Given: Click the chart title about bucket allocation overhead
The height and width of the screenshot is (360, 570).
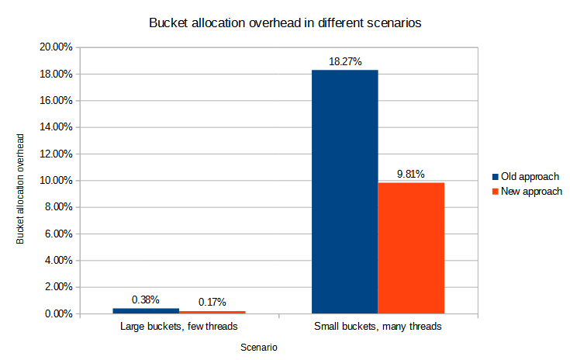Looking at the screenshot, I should click(285, 23).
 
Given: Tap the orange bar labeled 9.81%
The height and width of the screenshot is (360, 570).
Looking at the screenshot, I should click(411, 247).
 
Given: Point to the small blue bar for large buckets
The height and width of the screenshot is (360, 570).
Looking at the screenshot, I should click(146, 310).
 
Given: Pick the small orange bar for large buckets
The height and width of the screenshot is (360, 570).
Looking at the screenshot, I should click(212, 312).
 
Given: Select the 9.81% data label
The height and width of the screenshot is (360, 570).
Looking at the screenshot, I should click(410, 174).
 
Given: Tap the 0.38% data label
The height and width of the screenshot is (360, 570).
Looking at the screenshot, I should click(146, 299).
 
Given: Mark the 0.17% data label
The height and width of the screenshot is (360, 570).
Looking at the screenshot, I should click(212, 302).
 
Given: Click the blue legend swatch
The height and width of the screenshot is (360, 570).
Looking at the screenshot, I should click(496, 176).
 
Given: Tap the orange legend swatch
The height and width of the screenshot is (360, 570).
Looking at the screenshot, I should click(496, 191).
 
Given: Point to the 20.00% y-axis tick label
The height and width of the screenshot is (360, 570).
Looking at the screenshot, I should click(55, 47).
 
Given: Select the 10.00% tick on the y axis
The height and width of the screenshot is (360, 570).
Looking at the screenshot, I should click(55, 181).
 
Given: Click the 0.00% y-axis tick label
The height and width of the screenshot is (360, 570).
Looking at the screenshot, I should click(57, 313).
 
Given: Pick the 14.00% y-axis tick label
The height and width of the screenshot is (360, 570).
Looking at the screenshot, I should click(55, 127).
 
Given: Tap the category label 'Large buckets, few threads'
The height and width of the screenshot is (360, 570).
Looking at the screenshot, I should click(178, 327).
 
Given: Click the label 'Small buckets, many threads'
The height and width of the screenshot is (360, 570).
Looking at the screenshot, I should click(378, 327).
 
